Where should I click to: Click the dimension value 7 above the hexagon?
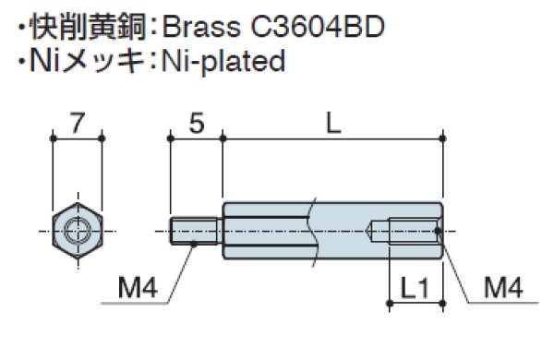77,122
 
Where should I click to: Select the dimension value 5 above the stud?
196,122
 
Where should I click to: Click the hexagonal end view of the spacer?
77,229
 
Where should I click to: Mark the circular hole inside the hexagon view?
77,229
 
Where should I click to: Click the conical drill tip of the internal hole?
375,229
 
